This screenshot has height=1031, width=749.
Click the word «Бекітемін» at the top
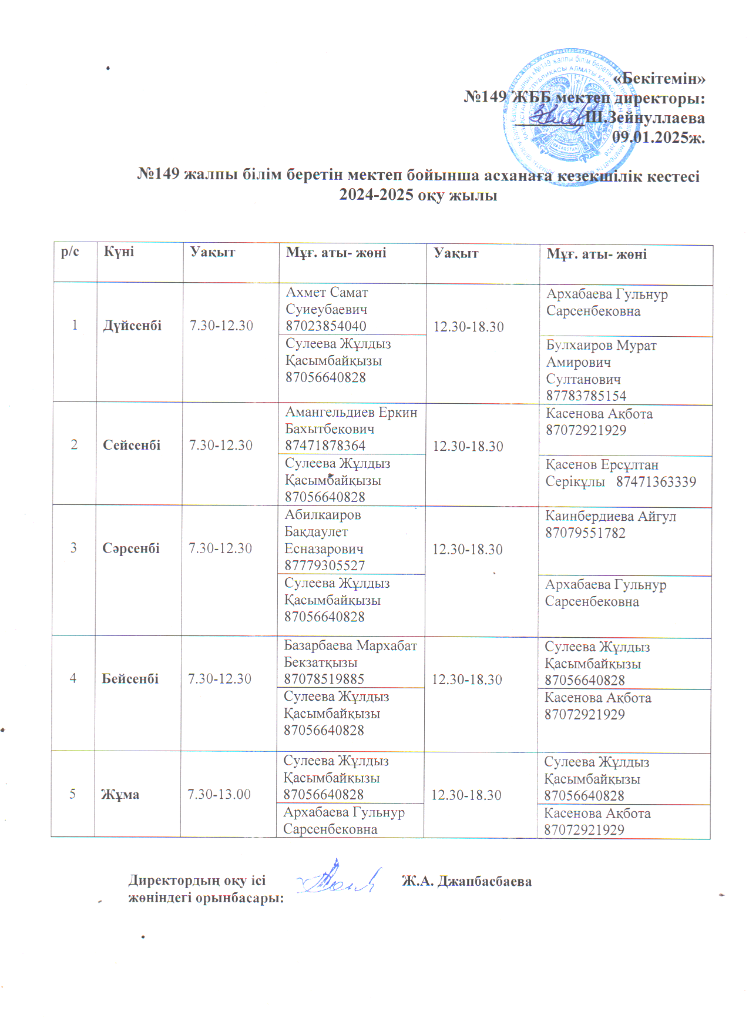tap(659, 79)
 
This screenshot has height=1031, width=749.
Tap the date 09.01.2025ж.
tap(658, 138)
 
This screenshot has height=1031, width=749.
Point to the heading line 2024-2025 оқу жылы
tap(418, 195)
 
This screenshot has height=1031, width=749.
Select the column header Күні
tap(119, 252)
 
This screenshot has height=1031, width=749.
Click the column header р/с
tap(70, 252)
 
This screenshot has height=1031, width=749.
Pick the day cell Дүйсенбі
tap(132, 326)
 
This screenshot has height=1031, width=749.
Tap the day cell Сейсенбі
tap(132, 445)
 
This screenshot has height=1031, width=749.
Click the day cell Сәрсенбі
tap(131, 548)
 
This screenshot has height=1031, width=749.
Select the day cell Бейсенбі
tap(130, 679)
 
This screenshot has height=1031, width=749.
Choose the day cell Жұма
tap(120, 795)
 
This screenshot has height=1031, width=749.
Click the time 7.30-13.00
tap(219, 795)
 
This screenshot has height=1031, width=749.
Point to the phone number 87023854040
tap(325, 326)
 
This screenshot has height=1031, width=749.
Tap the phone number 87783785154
tap(586, 396)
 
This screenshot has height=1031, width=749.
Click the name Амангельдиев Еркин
tap(351, 413)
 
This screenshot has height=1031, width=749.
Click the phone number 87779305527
tap(324, 565)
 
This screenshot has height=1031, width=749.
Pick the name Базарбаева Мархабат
tap(350, 645)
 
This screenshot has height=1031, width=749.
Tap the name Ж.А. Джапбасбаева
tap(466, 881)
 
